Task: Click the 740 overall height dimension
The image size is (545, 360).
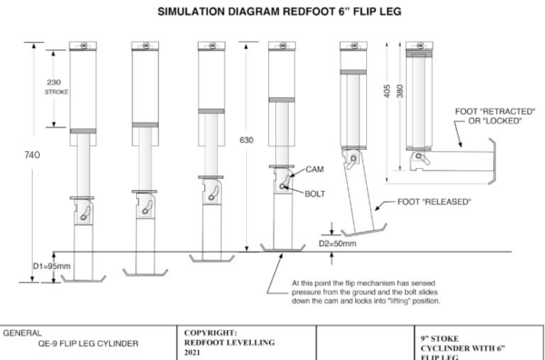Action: (33, 155)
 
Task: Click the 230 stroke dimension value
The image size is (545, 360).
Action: (54, 83)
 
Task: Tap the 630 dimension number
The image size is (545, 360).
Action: (246, 140)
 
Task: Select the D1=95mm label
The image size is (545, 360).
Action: (52, 266)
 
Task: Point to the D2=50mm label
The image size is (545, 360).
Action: (338, 244)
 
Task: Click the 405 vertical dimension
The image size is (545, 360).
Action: (388, 91)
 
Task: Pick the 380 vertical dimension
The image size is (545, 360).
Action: (400, 91)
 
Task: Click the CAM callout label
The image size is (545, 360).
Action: (314, 169)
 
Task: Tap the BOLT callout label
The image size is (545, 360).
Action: (315, 194)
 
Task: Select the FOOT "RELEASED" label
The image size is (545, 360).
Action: (434, 202)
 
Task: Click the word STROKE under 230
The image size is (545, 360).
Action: (56, 92)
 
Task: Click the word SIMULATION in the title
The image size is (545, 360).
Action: (191, 12)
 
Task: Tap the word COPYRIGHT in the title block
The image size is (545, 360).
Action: (211, 333)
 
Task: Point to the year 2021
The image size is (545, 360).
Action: (193, 353)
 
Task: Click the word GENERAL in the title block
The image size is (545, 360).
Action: (22, 334)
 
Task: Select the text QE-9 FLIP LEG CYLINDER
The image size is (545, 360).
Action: (88, 344)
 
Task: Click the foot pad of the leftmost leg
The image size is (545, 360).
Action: (84, 278)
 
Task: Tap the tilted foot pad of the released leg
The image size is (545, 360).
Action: (364, 230)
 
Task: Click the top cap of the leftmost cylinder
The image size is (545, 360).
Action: (83, 45)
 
